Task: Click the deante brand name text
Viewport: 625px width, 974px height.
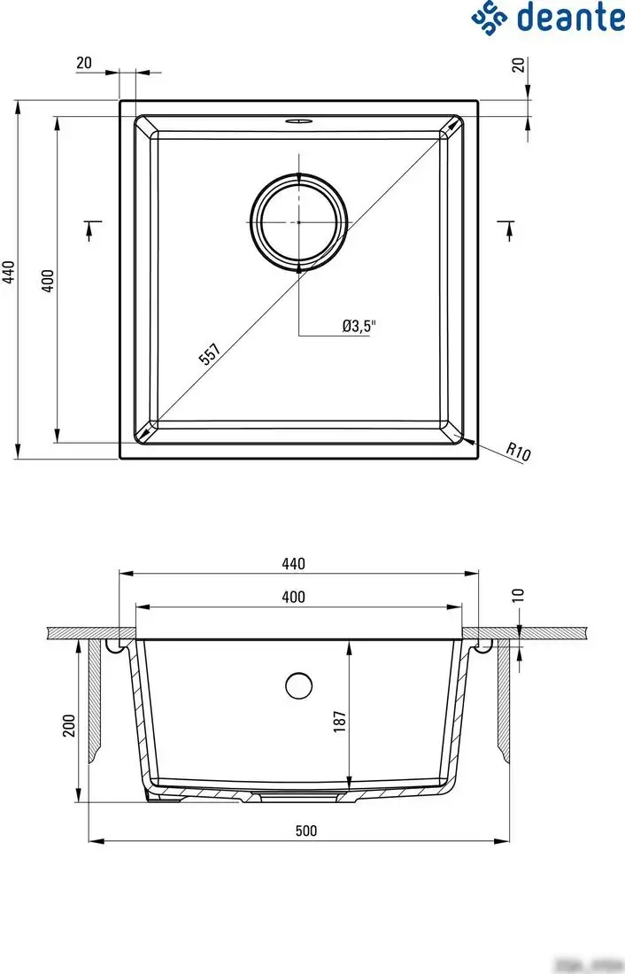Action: [570, 18]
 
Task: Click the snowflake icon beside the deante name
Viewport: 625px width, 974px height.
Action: [490, 18]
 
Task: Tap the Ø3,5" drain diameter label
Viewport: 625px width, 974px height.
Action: [359, 326]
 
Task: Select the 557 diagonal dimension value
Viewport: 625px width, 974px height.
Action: [209, 354]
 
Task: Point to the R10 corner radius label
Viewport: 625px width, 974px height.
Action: [519, 452]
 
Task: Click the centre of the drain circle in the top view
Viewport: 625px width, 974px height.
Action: [299, 221]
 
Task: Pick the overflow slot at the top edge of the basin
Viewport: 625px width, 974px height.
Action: [299, 120]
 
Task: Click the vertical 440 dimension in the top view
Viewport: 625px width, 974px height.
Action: [9, 272]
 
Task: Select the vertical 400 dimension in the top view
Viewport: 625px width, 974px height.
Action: [49, 280]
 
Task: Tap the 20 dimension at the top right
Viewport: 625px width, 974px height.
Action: [519, 64]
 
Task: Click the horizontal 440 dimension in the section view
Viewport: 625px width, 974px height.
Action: [293, 564]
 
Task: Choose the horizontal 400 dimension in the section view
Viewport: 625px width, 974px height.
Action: [293, 598]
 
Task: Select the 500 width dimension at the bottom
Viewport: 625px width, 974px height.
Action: [305, 831]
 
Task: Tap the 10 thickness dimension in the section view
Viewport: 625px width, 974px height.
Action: [519, 596]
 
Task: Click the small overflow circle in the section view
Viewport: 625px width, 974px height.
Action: [299, 684]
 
